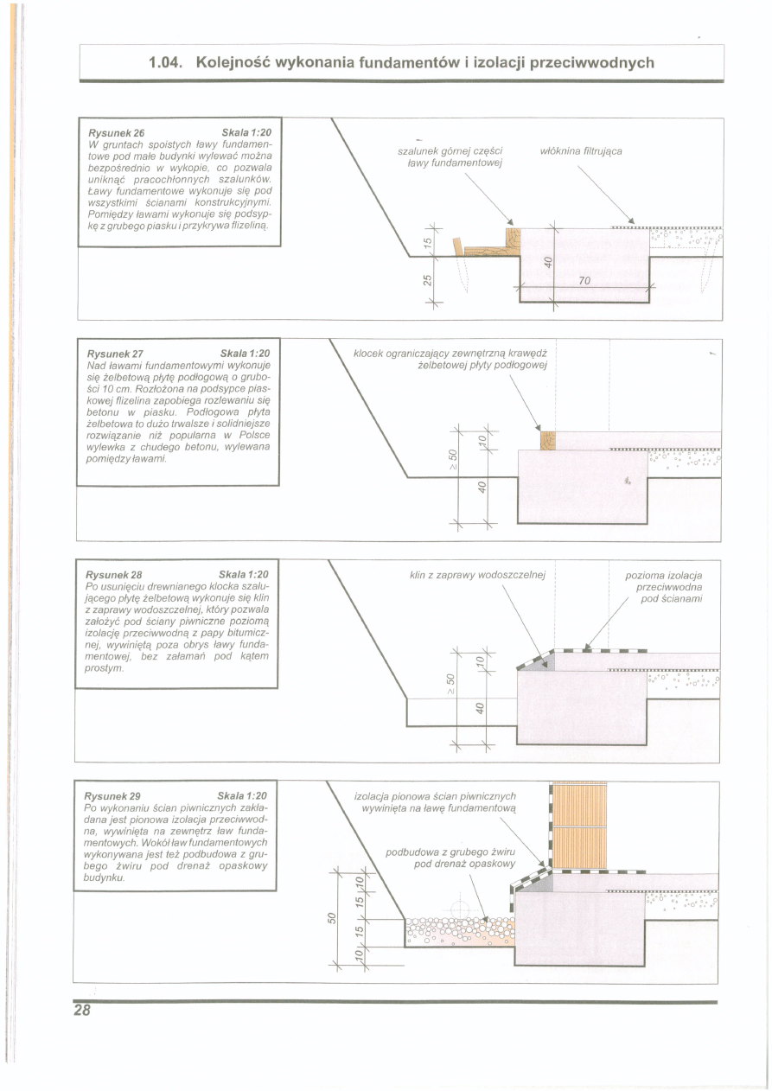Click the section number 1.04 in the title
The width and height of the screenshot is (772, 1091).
coord(166,63)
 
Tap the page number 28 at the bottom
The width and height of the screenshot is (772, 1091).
coord(82,1011)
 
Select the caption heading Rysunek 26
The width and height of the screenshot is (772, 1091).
coord(117,133)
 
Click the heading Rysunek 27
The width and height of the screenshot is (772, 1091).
coord(115,354)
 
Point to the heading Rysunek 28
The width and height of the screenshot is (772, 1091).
coord(113,575)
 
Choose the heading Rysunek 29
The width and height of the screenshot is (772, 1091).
coord(112,796)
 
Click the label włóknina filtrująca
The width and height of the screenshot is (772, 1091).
coord(581,151)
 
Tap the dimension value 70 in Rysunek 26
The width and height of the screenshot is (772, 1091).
coord(584,281)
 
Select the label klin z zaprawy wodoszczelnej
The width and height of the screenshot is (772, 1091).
coord(477,575)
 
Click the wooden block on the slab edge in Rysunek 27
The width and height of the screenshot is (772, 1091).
coord(548,440)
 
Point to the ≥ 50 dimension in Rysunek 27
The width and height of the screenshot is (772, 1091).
coord(452,460)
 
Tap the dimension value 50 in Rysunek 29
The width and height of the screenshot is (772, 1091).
coord(332,918)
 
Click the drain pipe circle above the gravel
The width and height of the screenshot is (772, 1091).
coord(459,909)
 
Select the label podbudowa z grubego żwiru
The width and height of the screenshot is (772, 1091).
coord(450,852)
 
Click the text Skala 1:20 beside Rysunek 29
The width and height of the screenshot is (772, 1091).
coord(242,796)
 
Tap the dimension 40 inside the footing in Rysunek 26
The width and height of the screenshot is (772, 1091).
coord(548,262)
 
